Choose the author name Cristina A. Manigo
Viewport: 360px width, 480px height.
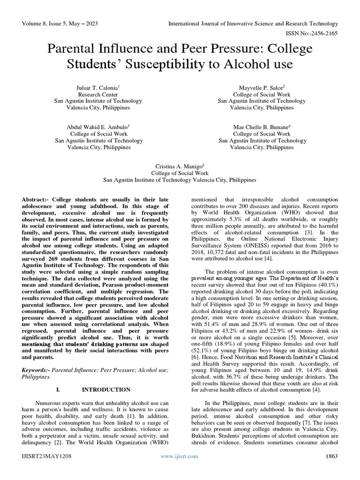[179, 166]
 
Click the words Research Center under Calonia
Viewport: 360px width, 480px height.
[99, 94]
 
